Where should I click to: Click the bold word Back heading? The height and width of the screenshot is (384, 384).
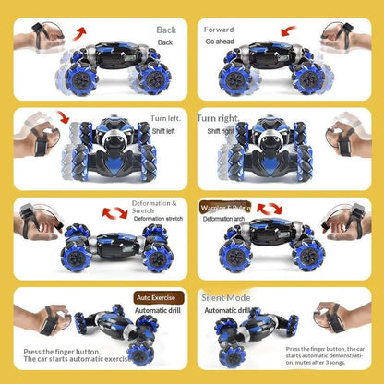(x=166, y=30)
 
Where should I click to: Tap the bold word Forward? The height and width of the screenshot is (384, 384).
(x=219, y=30)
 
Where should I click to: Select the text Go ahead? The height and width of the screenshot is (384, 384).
(x=221, y=42)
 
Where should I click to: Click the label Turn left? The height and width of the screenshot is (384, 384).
(x=165, y=119)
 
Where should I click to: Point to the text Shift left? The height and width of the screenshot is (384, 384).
(x=164, y=131)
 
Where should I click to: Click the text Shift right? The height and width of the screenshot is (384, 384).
(x=221, y=131)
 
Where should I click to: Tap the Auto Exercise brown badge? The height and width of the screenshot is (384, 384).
(x=156, y=298)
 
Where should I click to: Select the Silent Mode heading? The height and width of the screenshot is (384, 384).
(x=226, y=298)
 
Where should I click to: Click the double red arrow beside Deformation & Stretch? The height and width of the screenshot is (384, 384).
(x=114, y=212)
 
